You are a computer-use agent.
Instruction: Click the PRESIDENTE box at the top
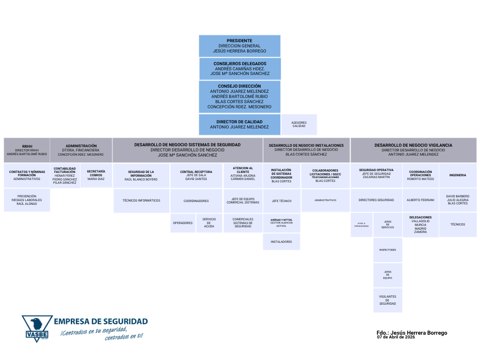click(240, 46)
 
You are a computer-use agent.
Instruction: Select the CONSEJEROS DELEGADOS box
click(240, 68)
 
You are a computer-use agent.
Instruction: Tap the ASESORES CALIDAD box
click(299, 124)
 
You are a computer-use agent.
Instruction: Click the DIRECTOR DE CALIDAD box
click(240, 124)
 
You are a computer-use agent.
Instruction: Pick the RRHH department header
click(27, 150)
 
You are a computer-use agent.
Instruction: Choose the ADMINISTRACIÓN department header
click(81, 150)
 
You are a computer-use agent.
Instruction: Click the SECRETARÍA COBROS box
click(96, 175)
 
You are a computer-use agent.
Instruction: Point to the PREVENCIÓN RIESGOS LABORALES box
click(27, 200)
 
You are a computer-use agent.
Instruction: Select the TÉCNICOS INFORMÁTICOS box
click(141, 201)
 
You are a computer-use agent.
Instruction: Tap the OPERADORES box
click(183, 223)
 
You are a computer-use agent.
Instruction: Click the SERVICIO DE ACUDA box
click(209, 223)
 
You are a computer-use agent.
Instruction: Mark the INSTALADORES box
click(281, 242)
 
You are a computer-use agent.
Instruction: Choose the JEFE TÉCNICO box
click(281, 201)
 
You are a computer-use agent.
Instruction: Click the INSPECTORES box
click(388, 250)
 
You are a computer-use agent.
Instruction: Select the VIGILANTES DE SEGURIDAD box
click(388, 300)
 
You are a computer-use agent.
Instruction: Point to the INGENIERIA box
click(457, 175)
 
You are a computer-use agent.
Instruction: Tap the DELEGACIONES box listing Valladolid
click(420, 225)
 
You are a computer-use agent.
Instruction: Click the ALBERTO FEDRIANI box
click(420, 200)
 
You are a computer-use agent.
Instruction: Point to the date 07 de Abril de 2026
click(396, 337)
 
